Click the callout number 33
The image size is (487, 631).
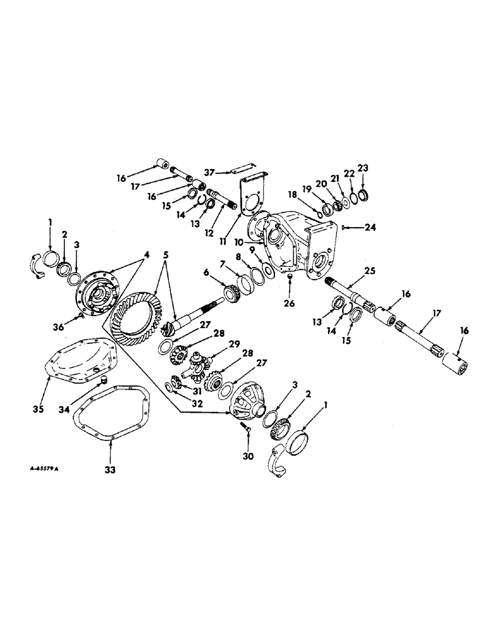point(111,469)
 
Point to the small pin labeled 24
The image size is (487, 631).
point(343,227)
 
